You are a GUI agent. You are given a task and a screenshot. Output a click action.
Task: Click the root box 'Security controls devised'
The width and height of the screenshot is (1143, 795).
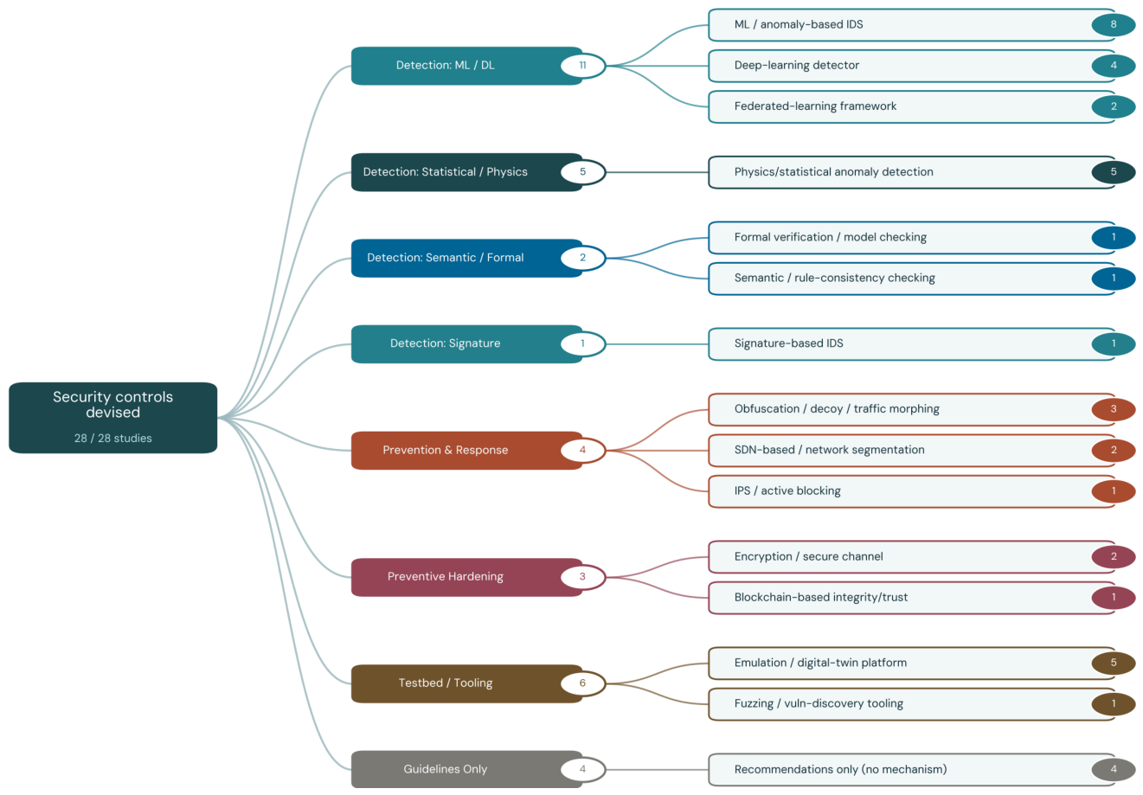pyautogui.click(x=112, y=418)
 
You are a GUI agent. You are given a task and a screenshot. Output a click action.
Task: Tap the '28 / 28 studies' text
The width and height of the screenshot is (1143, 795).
pyautogui.click(x=112, y=439)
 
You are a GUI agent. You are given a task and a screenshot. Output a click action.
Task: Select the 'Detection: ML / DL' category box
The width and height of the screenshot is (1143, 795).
pyautogui.click(x=466, y=66)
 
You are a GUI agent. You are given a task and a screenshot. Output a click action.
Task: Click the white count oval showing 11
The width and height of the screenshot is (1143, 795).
pyautogui.click(x=582, y=66)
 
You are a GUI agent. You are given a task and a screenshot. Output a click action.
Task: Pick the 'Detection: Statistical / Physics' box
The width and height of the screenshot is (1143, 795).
pyautogui.click(x=466, y=172)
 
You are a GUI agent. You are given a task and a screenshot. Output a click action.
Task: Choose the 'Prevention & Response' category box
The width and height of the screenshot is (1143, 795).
pyautogui.click(x=466, y=451)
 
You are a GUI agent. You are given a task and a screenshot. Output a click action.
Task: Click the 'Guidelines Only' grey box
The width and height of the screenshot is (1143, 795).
pyautogui.click(x=466, y=770)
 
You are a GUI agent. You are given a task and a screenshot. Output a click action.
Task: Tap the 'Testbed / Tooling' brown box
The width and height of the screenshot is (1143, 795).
pyautogui.click(x=466, y=683)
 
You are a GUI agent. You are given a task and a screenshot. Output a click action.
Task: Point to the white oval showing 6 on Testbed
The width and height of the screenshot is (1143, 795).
pyautogui.click(x=582, y=683)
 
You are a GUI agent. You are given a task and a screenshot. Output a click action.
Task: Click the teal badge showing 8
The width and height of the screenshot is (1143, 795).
pyautogui.click(x=1114, y=24)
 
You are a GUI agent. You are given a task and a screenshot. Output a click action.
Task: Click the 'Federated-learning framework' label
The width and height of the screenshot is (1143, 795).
pyautogui.click(x=815, y=106)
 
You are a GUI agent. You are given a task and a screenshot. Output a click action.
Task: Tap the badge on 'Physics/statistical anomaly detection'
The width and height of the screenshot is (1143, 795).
pyautogui.click(x=1114, y=172)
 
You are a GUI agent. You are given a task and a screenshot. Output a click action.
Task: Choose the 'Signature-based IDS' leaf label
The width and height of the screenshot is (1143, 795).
pyautogui.click(x=788, y=343)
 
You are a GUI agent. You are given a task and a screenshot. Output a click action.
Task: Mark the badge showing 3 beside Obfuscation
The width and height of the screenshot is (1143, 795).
pyautogui.click(x=1114, y=409)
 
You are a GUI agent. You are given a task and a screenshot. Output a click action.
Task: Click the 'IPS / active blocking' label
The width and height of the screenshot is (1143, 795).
pyautogui.click(x=787, y=490)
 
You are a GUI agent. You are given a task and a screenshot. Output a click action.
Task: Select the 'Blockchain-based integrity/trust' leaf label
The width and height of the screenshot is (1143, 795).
pyautogui.click(x=820, y=598)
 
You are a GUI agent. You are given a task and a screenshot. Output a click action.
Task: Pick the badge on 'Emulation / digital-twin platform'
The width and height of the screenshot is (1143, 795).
pyautogui.click(x=1114, y=663)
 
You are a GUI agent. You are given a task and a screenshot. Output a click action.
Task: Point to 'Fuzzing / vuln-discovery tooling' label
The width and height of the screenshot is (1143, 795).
pyautogui.click(x=819, y=703)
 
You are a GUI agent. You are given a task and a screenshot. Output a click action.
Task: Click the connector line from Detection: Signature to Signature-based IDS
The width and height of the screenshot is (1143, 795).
pyautogui.click(x=658, y=344)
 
